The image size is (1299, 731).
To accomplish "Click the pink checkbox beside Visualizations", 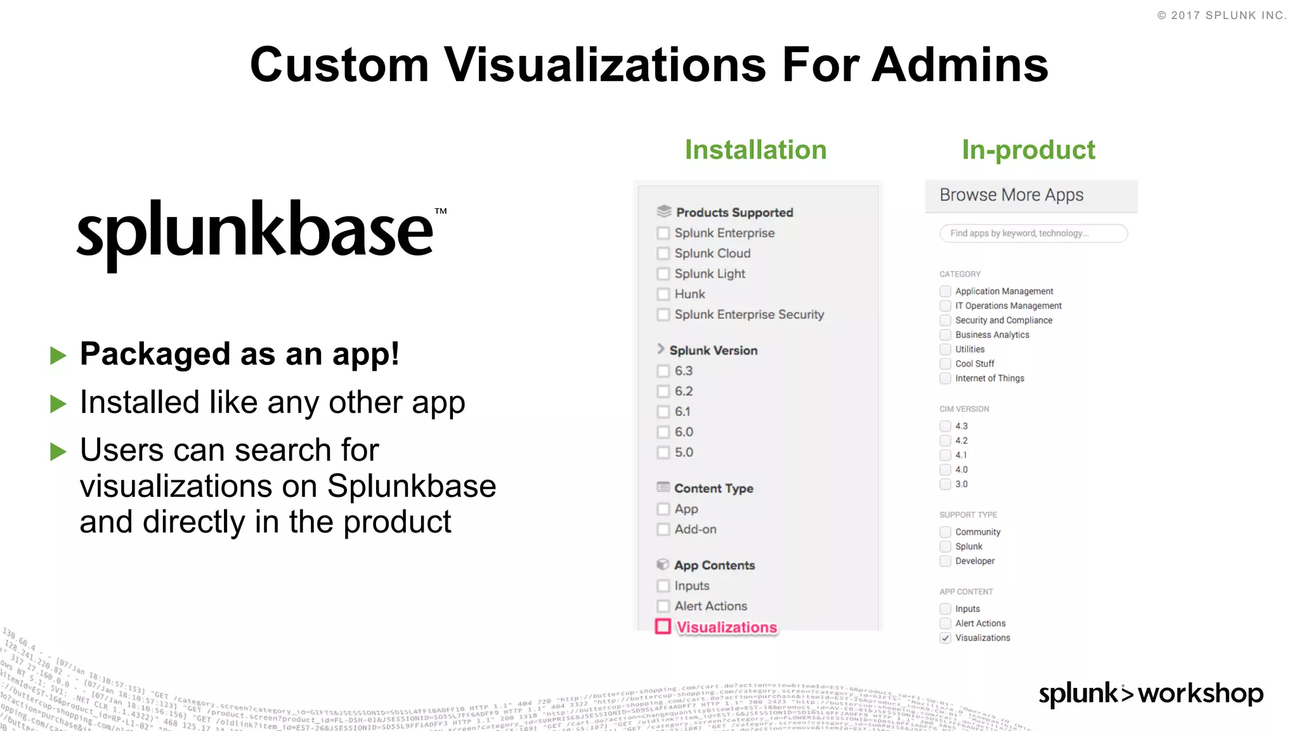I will tap(663, 626).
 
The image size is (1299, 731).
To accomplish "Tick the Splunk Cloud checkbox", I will tap(663, 253).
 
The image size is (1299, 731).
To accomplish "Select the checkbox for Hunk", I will tap(663, 294).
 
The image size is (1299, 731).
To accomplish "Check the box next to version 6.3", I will tap(663, 371).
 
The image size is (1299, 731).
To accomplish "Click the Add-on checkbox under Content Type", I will tap(663, 529).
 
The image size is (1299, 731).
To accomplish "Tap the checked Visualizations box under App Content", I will tap(945, 638).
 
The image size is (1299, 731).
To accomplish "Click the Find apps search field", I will tap(1033, 234).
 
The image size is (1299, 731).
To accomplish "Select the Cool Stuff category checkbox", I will tap(945, 364).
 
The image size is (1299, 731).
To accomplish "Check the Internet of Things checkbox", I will tap(945, 378).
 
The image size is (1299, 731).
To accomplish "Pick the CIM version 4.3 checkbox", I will tap(945, 426).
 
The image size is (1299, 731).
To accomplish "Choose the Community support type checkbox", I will tap(945, 532).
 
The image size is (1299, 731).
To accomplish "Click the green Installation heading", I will tap(755, 150).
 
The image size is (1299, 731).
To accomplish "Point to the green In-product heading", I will tap(1028, 150).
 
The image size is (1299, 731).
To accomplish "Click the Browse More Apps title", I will tap(1011, 195).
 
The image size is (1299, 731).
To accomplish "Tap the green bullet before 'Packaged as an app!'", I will tap(58, 355).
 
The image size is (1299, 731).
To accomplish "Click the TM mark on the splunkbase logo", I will tap(441, 211).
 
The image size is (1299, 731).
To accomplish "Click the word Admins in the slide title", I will tap(960, 65).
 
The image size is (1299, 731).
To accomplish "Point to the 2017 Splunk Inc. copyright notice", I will tap(1222, 15).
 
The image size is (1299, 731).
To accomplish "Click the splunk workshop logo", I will tap(1151, 693).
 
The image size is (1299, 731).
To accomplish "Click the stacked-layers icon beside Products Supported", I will tap(663, 211).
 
